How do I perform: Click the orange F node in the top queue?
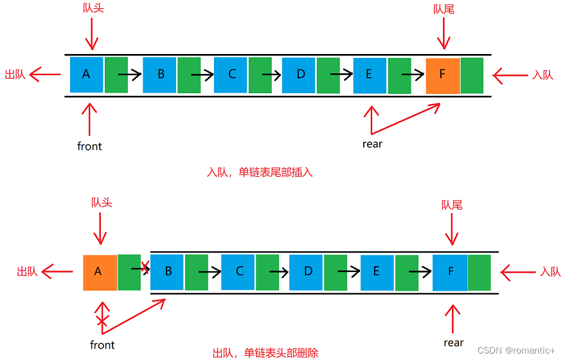[442, 75]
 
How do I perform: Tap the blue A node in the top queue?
[87, 75]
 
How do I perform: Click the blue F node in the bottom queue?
[449, 272]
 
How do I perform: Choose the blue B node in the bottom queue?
[167, 272]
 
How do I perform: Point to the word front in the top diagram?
[89, 146]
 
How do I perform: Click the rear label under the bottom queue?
[453, 343]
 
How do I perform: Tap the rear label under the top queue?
[372, 144]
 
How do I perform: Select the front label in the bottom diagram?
[102, 345]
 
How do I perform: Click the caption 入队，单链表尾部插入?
[260, 172]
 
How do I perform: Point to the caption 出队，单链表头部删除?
[265, 353]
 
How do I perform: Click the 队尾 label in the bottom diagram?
[452, 205]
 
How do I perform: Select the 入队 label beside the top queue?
[543, 75]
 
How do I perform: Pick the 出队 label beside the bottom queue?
[27, 272]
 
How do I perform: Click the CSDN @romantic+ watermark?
[516, 350]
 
